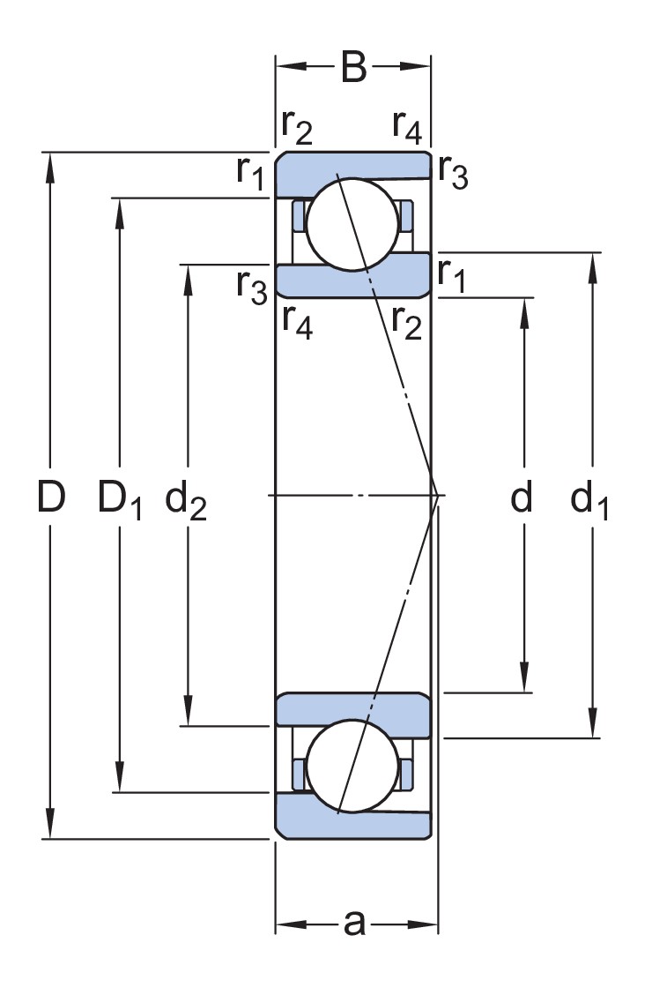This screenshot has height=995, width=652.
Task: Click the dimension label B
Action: [352, 68]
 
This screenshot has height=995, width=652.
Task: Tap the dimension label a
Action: [353, 924]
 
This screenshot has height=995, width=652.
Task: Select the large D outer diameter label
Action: [51, 499]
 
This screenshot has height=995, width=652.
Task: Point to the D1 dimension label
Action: [120, 501]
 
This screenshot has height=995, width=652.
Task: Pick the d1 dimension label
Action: [589, 501]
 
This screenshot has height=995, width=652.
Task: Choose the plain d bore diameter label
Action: [522, 499]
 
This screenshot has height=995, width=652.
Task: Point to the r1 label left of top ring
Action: [250, 172]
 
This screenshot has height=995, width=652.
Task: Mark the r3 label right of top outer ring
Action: [453, 174]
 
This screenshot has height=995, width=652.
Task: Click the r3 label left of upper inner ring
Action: [251, 287]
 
